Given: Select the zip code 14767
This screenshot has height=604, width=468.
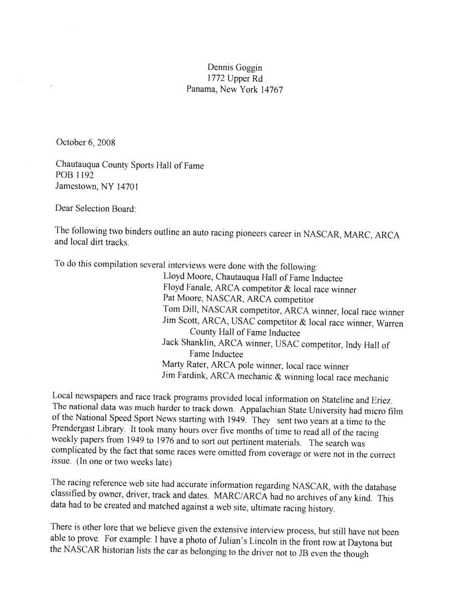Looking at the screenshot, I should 271,89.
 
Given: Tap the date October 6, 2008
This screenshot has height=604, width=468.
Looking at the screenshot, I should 85,142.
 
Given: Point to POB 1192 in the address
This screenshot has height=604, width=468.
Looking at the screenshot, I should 74,175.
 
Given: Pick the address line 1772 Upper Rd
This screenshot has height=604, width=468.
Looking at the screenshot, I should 235,78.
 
